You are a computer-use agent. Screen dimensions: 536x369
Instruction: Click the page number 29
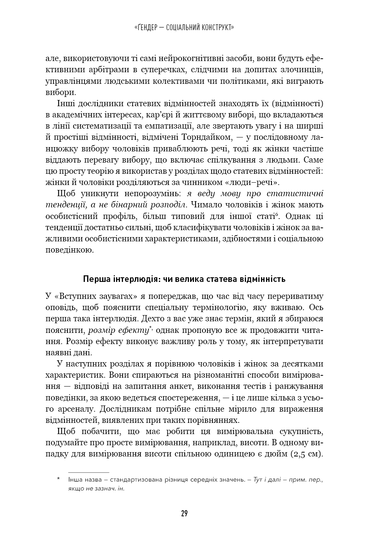[184, 514]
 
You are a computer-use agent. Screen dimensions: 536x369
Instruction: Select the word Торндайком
[207, 137]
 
